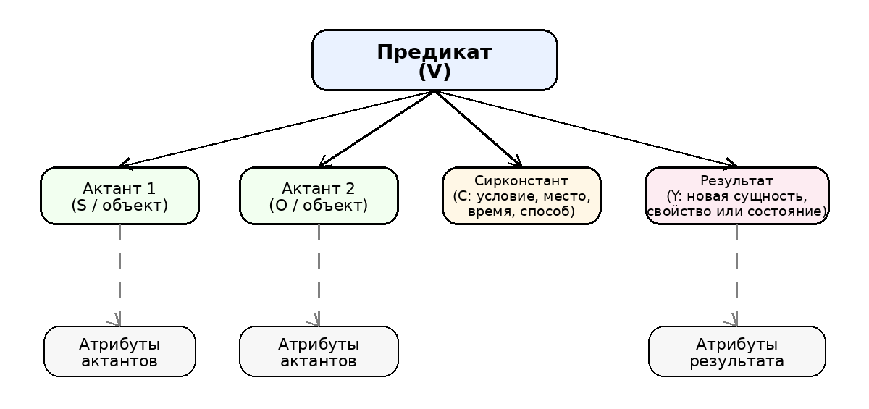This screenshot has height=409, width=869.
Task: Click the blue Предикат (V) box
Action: click(x=434, y=60)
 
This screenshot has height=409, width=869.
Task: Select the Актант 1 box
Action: click(x=120, y=195)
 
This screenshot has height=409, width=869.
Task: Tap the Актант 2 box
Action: click(x=319, y=195)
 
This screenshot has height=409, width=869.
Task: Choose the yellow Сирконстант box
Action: click(x=522, y=195)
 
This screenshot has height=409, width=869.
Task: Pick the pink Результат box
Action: click(x=737, y=195)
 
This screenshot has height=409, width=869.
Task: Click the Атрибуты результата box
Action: click(x=737, y=351)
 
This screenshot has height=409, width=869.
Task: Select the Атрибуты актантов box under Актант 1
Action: click(x=120, y=351)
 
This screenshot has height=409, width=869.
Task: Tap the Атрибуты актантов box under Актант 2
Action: click(x=319, y=351)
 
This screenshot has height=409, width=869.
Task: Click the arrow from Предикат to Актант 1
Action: click(x=277, y=129)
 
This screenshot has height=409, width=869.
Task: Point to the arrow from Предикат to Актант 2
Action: click(x=377, y=129)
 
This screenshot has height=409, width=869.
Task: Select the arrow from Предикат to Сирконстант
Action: click(x=479, y=129)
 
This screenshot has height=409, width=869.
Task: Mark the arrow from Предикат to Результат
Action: click(x=586, y=129)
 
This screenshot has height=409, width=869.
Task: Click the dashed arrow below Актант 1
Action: click(x=120, y=275)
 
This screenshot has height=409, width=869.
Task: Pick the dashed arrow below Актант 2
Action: click(x=319, y=275)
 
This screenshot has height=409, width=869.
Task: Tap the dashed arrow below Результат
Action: click(x=736, y=275)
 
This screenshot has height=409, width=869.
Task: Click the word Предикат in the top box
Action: click(x=434, y=52)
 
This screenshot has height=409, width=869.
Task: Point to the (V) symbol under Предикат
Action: click(x=434, y=72)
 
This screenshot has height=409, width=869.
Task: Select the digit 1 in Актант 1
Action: click(x=151, y=189)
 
